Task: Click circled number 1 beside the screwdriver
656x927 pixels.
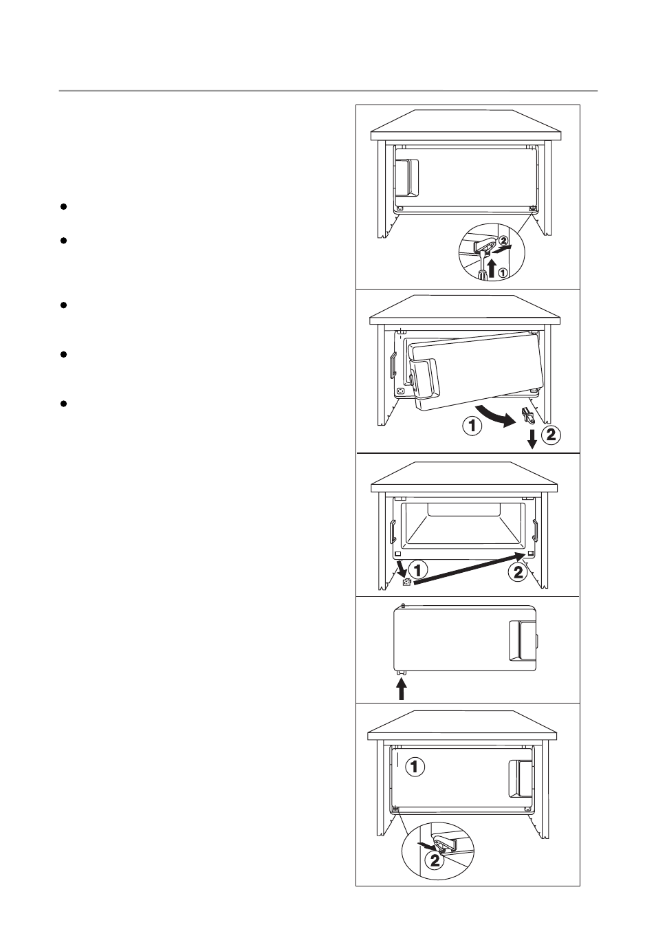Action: [x=502, y=272]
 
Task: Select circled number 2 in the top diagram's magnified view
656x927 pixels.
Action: [x=503, y=240]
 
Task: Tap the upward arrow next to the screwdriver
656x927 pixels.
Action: [x=491, y=268]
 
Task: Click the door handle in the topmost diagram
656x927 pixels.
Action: [x=407, y=178]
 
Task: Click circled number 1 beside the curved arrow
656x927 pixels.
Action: [x=472, y=426]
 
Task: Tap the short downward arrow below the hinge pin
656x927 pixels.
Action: [x=532, y=439]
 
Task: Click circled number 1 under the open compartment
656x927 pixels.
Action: [x=418, y=570]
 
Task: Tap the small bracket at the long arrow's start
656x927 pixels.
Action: [x=406, y=582]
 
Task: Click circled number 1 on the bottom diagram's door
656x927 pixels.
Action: [x=415, y=767]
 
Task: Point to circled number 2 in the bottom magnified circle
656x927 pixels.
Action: [x=435, y=861]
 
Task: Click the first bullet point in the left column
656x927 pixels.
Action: [x=64, y=206]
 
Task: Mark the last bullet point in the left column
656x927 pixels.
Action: [x=64, y=404]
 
